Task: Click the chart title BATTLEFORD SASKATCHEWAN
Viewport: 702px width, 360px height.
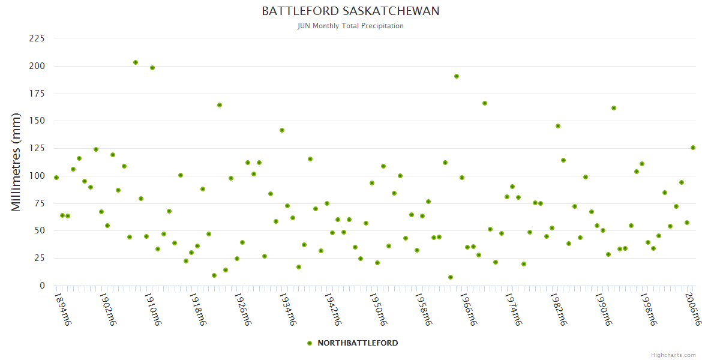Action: (350, 11)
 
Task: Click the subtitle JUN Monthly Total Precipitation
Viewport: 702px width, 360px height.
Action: (350, 26)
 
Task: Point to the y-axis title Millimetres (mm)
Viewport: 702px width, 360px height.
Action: (16, 162)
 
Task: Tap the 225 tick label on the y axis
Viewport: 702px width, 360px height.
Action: (37, 38)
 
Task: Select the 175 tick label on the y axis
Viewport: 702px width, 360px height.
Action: (37, 94)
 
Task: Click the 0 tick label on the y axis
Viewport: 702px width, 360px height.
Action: (42, 286)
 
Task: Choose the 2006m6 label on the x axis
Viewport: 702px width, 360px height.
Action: (694, 309)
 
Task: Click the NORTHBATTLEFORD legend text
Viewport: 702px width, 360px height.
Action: (358, 343)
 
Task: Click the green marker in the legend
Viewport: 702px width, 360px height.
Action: (310, 343)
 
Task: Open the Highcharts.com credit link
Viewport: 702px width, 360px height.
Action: (674, 355)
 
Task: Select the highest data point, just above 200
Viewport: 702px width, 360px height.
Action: (136, 62)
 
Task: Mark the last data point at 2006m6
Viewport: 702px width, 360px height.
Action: (693, 148)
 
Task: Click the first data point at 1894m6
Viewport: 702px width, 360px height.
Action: (56, 178)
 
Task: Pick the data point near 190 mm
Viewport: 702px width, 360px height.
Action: (457, 76)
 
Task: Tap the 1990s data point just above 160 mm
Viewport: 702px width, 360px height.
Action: (614, 108)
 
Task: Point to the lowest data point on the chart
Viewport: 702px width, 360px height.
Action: (451, 277)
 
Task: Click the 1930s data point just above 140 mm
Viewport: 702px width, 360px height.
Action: (282, 130)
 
